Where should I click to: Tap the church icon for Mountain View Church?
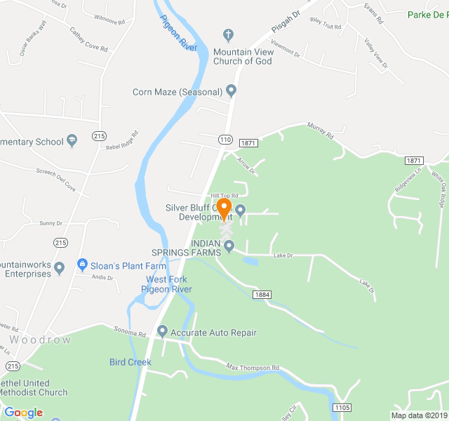pos(228,34)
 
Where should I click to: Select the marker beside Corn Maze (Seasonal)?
pos(231,91)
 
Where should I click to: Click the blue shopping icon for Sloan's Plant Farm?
pos(82,265)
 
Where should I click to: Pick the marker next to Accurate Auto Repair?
pos(163,332)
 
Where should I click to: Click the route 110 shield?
pos(224,140)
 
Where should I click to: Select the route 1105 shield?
pos(342,408)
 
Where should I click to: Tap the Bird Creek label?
pos(130,362)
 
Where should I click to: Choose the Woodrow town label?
pos(41,340)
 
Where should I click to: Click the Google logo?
pos(23,413)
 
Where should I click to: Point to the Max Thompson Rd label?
pos(253,367)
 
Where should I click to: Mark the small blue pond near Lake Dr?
pos(250,261)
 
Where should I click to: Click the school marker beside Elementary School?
pos(72,142)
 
